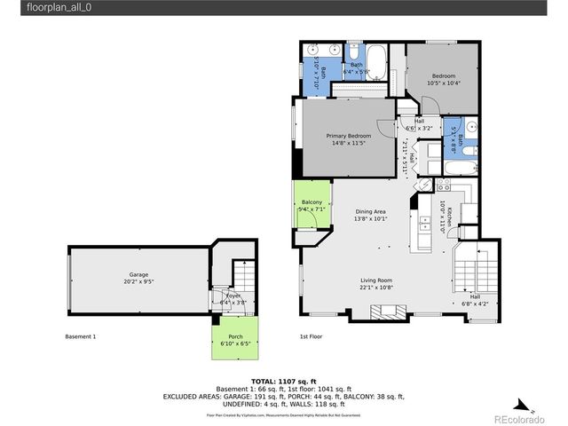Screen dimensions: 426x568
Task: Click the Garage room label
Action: [x=138, y=275]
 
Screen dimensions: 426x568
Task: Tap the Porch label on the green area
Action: [x=235, y=336]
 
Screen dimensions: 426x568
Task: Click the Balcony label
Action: [x=312, y=203]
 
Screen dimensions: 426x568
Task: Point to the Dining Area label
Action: [x=370, y=211]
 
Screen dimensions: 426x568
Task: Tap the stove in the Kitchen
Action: [x=444, y=185]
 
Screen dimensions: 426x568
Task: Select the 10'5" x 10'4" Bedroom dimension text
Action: [x=444, y=83]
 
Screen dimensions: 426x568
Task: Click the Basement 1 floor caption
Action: [x=81, y=336]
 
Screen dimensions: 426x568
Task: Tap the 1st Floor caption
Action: [x=311, y=336]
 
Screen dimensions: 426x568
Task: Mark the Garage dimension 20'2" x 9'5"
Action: [x=138, y=282]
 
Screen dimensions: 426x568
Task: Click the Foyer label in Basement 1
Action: [x=233, y=296]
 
